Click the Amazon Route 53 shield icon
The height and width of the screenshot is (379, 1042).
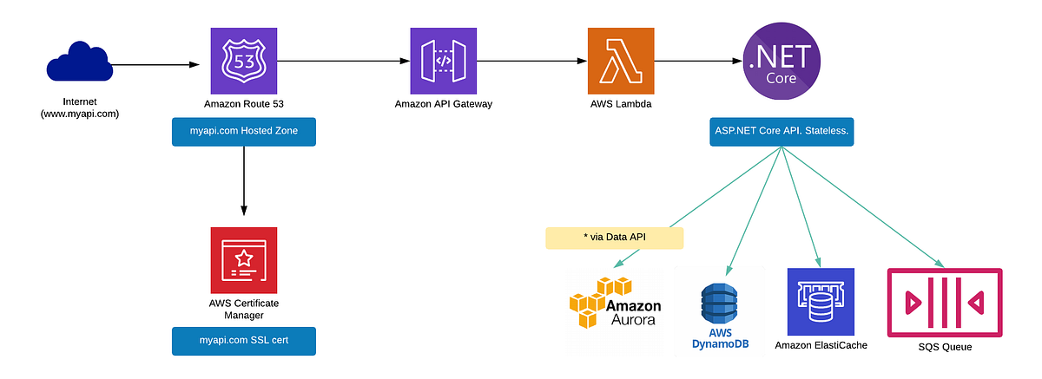(244, 60)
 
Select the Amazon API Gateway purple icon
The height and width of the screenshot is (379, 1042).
(444, 60)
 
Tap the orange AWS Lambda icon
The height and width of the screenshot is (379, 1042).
(620, 60)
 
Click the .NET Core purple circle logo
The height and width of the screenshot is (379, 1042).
(780, 60)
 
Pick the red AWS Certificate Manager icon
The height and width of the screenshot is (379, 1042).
(244, 260)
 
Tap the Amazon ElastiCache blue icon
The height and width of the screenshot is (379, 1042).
(821, 301)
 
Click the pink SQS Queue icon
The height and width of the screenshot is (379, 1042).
(945, 301)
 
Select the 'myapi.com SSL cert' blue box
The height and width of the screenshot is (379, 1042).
(244, 341)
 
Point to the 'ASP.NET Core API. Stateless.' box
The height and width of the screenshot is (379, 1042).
(780, 131)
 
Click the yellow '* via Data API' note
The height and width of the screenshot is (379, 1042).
(614, 238)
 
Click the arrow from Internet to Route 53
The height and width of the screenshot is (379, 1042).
(152, 64)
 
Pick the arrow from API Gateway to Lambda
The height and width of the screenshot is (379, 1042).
(530, 61)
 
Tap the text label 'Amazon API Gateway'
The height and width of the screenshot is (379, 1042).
(444, 103)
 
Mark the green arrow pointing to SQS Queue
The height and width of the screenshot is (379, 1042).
(868, 208)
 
